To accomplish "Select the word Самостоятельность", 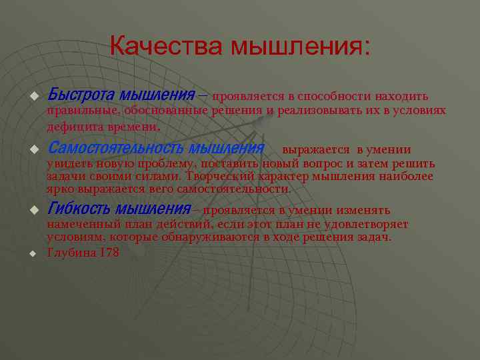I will (x=115, y=147).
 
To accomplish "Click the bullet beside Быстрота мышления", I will (x=31, y=97).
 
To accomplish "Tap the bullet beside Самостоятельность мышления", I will (x=31, y=149).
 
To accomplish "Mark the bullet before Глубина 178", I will (x=31, y=254).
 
